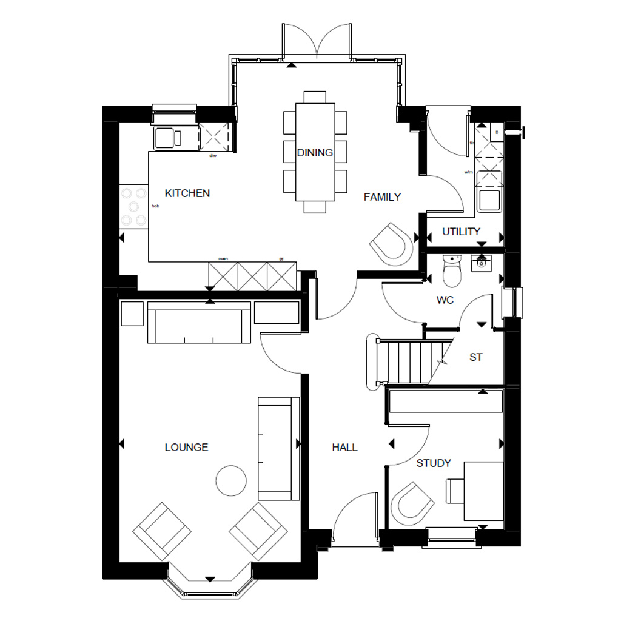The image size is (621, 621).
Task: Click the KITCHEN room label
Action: pyautogui.click(x=187, y=193)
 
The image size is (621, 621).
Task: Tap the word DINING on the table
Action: pyautogui.click(x=315, y=153)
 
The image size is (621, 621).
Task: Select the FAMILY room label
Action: pyautogui.click(x=382, y=197)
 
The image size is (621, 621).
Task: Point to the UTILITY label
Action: pyautogui.click(x=461, y=232)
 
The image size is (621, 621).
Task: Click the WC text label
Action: pyautogui.click(x=446, y=300)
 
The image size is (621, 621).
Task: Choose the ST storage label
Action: pyautogui.click(x=476, y=358)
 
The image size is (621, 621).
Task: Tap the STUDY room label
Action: pyautogui.click(x=434, y=463)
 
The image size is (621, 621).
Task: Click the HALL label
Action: pyautogui.click(x=344, y=448)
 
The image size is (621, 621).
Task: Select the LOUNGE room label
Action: pyautogui.click(x=186, y=448)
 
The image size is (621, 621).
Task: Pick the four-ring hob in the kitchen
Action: pyautogui.click(x=134, y=206)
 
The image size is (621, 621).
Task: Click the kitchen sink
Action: pyautogui.click(x=168, y=138)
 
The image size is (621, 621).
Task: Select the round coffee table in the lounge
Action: pyautogui.click(x=231, y=480)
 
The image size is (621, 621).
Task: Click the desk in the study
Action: pyautogui.click(x=483, y=491)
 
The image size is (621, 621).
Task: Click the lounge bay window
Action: pyautogui.click(x=209, y=585)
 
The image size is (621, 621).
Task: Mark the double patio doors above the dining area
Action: pyautogui.click(x=317, y=42)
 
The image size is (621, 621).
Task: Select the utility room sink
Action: pyautogui.click(x=489, y=200)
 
